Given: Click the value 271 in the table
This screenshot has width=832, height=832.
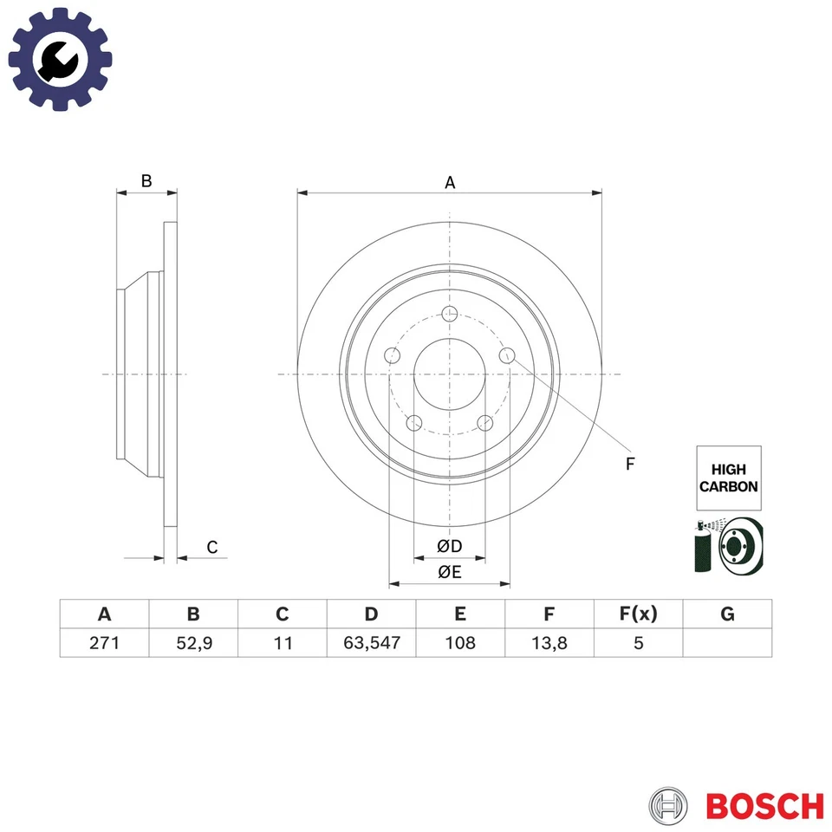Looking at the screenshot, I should (x=104, y=643).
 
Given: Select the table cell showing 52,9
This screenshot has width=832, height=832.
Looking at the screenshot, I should (x=193, y=643).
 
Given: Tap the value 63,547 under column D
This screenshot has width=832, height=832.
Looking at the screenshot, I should (x=371, y=643).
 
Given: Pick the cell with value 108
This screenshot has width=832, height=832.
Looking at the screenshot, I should (x=460, y=643).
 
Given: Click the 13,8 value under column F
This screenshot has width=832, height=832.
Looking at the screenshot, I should (x=549, y=643).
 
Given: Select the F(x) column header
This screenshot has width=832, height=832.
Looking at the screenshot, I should (x=639, y=614).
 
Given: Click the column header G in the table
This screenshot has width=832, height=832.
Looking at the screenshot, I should (x=727, y=614).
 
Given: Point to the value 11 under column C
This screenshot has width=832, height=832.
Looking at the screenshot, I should (x=283, y=643).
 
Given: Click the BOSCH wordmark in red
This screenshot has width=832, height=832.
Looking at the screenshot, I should (x=764, y=806).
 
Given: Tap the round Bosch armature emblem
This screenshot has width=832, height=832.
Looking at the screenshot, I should (x=670, y=806).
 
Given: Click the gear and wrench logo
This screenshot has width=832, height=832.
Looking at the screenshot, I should (x=60, y=59).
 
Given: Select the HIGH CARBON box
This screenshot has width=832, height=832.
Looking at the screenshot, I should (x=728, y=478).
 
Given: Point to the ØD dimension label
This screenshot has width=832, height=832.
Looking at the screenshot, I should (x=449, y=546).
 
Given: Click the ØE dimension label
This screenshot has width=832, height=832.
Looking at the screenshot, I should (x=449, y=571).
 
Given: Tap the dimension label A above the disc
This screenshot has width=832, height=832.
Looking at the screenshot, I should (x=450, y=182).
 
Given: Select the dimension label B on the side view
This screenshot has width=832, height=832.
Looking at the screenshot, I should (x=146, y=181).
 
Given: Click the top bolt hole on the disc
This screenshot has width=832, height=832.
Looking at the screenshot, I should (x=449, y=315).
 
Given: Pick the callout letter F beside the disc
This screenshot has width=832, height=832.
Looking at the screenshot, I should (x=630, y=464).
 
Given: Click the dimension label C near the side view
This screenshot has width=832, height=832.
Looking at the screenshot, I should (x=211, y=547).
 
